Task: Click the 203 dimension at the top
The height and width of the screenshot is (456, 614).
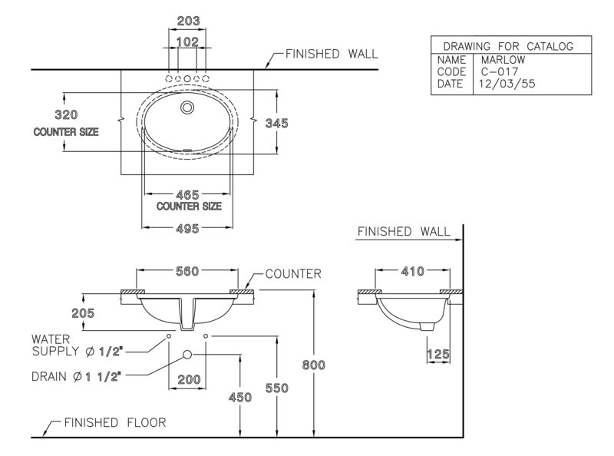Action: [x=188, y=21]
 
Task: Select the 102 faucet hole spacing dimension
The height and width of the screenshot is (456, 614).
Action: [x=187, y=41]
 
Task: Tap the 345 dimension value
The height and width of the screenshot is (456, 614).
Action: [x=276, y=124]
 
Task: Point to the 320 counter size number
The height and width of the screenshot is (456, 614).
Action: [x=66, y=115]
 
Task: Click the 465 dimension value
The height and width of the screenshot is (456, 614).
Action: [x=187, y=195]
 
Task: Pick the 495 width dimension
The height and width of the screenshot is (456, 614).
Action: [x=187, y=229]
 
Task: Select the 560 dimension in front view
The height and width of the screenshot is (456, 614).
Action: [x=187, y=271]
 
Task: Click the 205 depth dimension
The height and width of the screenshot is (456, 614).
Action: [x=83, y=313]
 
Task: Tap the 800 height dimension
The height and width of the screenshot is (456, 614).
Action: [x=314, y=365]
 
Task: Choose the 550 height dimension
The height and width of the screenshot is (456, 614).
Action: [x=277, y=388]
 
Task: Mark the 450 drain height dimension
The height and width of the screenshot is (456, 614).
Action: [x=240, y=397]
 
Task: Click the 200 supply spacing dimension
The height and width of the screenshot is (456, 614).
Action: [x=189, y=379]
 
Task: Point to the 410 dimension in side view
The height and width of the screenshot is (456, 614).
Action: [x=413, y=271]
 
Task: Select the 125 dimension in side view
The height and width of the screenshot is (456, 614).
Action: [x=438, y=355]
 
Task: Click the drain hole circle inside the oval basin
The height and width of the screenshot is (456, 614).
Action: [x=187, y=107]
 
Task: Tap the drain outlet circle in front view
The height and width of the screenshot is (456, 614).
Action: [x=187, y=355]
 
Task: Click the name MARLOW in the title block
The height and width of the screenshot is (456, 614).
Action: [x=503, y=60]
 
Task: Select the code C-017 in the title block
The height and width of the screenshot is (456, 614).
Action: [x=500, y=71]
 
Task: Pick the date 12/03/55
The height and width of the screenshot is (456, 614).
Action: [x=507, y=84]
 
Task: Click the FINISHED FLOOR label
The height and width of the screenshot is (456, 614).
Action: [x=115, y=422]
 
